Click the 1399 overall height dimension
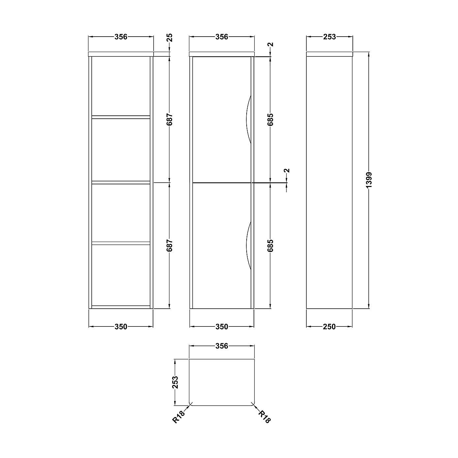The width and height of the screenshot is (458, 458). point(369,180)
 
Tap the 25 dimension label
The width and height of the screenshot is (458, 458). point(169,38)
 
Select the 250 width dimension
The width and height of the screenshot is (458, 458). point(329,326)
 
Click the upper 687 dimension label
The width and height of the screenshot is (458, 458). point(169,119)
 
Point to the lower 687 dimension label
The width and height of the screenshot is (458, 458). point(169,245)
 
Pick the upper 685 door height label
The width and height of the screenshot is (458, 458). point(270,119)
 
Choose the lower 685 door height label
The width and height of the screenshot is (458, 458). point(270,245)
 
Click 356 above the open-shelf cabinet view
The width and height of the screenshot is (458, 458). point(121,37)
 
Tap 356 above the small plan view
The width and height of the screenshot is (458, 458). point(222,346)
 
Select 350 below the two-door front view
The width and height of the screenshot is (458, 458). point(222,326)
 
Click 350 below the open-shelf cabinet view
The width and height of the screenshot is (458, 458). point(121,326)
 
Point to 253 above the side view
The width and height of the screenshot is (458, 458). point(329,37)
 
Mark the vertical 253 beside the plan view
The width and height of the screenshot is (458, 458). point(175,382)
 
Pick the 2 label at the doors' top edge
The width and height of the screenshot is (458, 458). point(270,45)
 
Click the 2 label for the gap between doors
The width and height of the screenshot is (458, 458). point(287,171)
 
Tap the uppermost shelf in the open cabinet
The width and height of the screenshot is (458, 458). point(121,116)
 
